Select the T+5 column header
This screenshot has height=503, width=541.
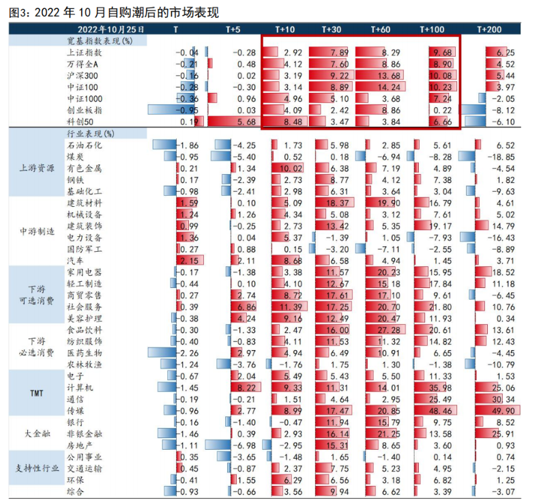[233, 29]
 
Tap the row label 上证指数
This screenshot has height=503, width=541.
[85, 53]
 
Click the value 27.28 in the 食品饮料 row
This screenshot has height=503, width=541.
[388, 330]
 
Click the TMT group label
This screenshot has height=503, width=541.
[36, 393]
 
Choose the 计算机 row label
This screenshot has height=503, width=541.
[76, 387]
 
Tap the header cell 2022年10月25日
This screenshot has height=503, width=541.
[111, 29]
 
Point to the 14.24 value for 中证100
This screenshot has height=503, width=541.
[388, 87]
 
